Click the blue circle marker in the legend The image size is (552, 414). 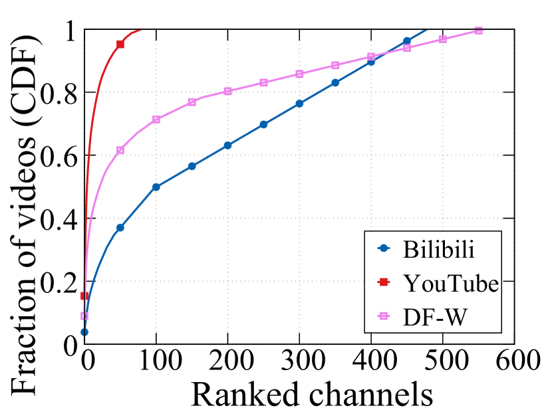point(384,248)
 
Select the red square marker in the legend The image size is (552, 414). point(384,282)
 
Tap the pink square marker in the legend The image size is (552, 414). point(384,316)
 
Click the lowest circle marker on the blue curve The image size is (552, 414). point(84,332)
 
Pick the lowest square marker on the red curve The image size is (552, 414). point(84,296)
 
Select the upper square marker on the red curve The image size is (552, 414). point(120,44)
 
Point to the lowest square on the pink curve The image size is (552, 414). point(84,316)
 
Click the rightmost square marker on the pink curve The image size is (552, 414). point(478,31)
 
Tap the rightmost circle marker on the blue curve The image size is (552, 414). point(407,41)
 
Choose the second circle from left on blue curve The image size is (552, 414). point(120,227)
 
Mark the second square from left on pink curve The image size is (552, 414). point(120,150)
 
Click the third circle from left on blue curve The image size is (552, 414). point(156,187)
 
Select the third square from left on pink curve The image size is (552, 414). point(156,120)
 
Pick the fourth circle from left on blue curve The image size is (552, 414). point(192,166)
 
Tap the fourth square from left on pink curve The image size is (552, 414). point(192,102)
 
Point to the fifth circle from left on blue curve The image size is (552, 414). point(227,145)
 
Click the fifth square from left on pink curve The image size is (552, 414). point(227,91)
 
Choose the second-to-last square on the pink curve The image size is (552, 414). point(442,39)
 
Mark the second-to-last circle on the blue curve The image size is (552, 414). point(371,62)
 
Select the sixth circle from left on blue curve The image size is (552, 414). point(263,124)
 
